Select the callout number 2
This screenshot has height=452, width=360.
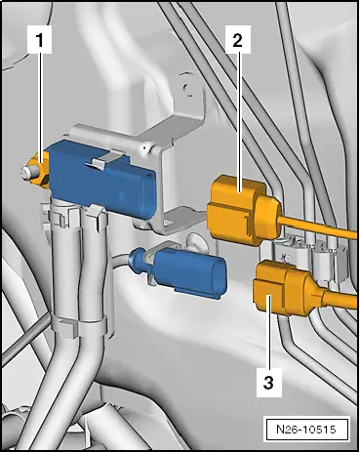tap(235, 41)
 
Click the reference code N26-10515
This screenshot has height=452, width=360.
tap(308, 427)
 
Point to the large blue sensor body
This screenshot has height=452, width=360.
tap(108, 176)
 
